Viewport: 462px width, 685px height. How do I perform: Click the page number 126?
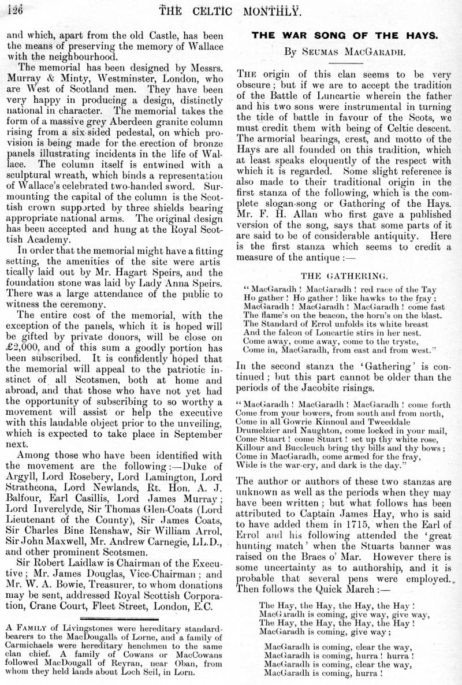pos(11,9)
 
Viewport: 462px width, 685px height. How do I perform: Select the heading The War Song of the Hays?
pos(344,35)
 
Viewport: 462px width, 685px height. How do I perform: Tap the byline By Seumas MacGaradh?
pos(344,51)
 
